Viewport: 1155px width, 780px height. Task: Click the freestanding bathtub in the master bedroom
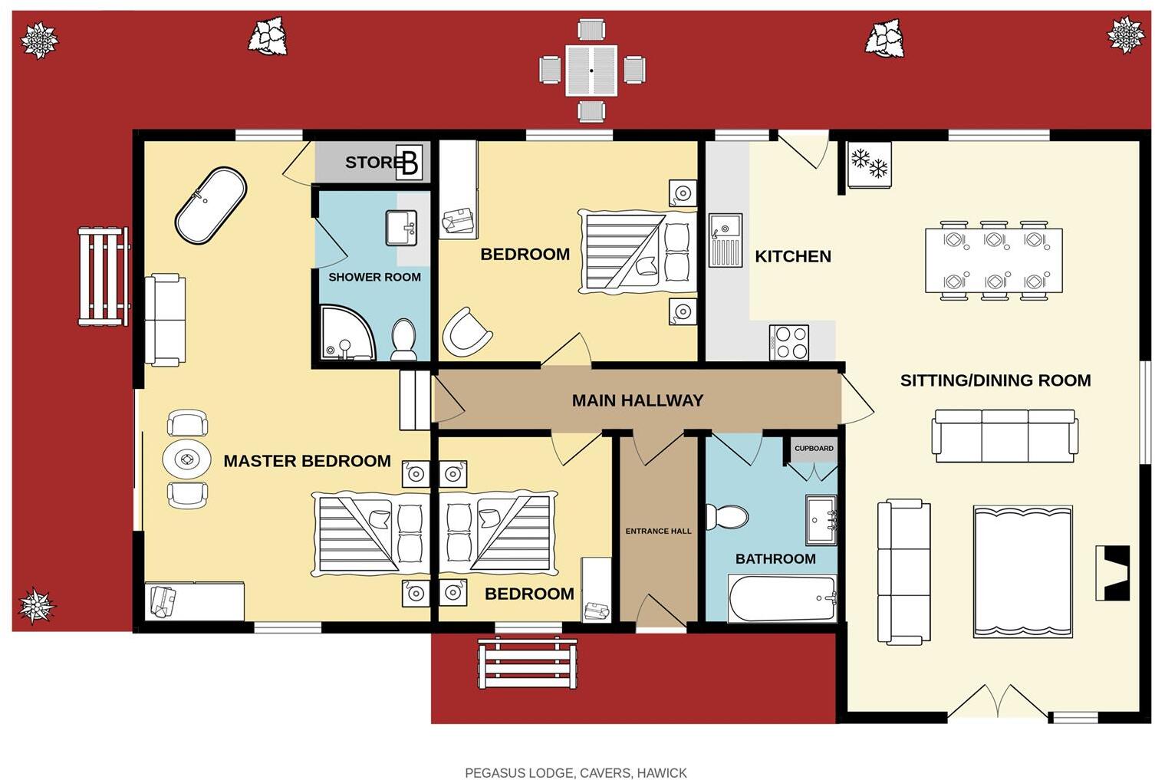click(x=211, y=206)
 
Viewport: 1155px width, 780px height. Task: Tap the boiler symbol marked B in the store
click(x=409, y=163)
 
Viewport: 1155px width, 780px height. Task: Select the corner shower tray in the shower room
click(x=344, y=334)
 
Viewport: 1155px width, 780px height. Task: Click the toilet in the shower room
click(x=403, y=338)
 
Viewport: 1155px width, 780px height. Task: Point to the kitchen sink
click(x=725, y=239)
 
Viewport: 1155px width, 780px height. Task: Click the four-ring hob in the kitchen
click(x=789, y=343)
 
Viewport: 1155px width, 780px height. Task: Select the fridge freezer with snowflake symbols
click(x=869, y=164)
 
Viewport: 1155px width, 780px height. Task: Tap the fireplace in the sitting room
click(x=1112, y=572)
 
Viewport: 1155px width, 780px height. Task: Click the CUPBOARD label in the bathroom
click(x=814, y=449)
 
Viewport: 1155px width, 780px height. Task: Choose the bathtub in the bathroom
click(x=782, y=599)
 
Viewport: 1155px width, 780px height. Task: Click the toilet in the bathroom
click(x=726, y=516)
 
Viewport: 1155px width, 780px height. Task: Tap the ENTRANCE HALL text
click(x=658, y=531)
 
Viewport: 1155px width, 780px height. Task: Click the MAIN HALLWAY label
click(x=637, y=400)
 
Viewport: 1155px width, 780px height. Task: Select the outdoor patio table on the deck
click(x=591, y=71)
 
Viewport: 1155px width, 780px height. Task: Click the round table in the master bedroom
click(x=187, y=460)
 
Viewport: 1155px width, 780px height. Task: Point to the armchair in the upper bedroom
click(x=466, y=331)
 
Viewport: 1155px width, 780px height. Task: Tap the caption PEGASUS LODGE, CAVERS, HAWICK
click(x=576, y=772)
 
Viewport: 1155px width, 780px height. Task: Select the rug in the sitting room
click(x=1022, y=571)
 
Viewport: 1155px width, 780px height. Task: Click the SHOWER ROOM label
click(x=374, y=277)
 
